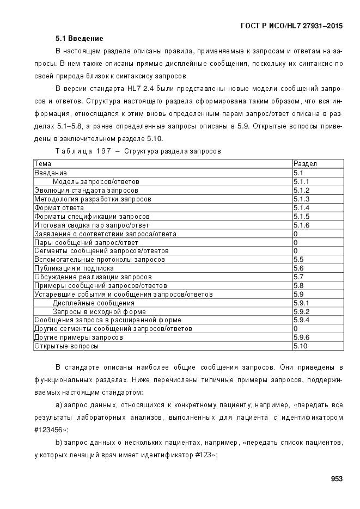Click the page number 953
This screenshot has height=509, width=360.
[336, 479]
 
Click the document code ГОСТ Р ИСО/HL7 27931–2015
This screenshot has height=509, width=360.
[292, 26]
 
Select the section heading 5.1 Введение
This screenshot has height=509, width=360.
[79, 39]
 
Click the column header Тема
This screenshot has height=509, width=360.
[43, 163]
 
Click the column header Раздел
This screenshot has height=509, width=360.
[305, 163]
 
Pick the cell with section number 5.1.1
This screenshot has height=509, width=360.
[301, 181]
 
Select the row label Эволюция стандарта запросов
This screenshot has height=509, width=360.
[86, 190]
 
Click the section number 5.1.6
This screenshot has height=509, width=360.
[301, 225]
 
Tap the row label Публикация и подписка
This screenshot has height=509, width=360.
[74, 268]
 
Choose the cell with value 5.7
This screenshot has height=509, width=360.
[298, 277]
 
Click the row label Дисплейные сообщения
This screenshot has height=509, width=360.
[93, 303]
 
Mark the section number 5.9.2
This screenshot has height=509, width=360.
[301, 311]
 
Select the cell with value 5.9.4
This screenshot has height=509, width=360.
[301, 320]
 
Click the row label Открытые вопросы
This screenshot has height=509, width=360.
[66, 346]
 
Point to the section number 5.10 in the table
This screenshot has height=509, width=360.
[300, 346]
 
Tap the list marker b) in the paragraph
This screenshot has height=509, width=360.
[59, 443]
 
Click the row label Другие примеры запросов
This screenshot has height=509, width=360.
[78, 337]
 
